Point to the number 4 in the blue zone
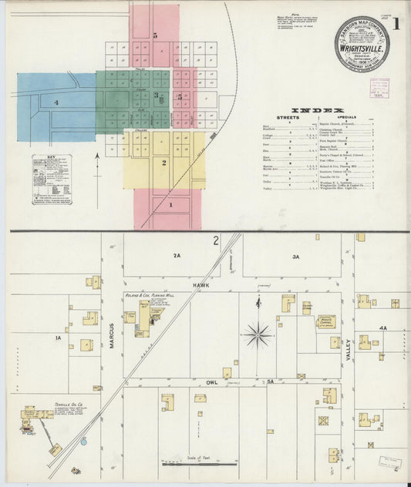coord(56,102)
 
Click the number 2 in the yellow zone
coord(164,163)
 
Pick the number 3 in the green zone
coord(156,96)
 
